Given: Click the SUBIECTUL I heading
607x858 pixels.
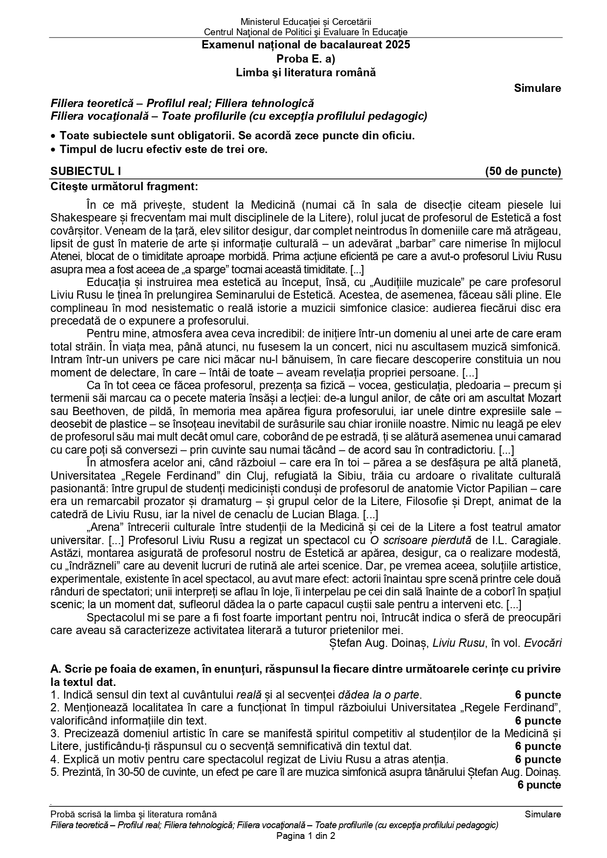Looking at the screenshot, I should point(86,171).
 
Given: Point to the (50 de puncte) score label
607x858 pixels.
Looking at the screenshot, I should point(523,171).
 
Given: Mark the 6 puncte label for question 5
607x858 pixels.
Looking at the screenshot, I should point(539,785).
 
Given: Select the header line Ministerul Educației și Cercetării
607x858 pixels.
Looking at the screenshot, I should point(306,22).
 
